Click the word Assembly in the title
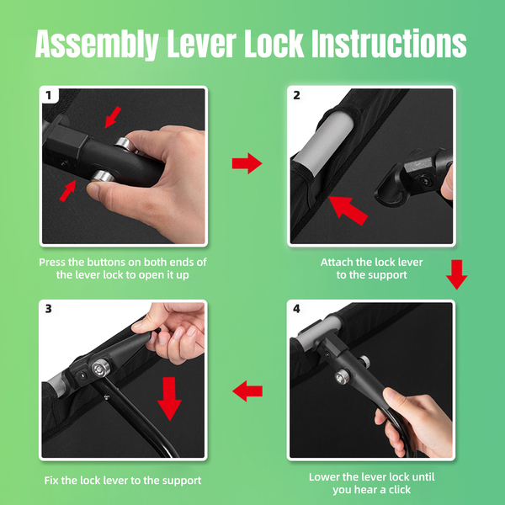(x=97, y=44)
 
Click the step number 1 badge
(x=49, y=95)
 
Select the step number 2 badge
(x=296, y=95)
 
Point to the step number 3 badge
(x=49, y=309)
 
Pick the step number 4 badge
(x=296, y=309)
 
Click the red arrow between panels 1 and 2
(x=247, y=163)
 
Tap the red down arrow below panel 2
(x=457, y=274)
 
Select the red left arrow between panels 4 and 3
(x=247, y=391)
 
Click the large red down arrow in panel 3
(x=169, y=399)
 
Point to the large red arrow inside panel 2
(x=348, y=210)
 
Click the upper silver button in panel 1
(x=124, y=144)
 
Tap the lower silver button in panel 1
(x=102, y=177)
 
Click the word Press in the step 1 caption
(x=52, y=262)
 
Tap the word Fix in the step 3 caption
(x=51, y=481)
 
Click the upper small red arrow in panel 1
(x=113, y=117)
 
